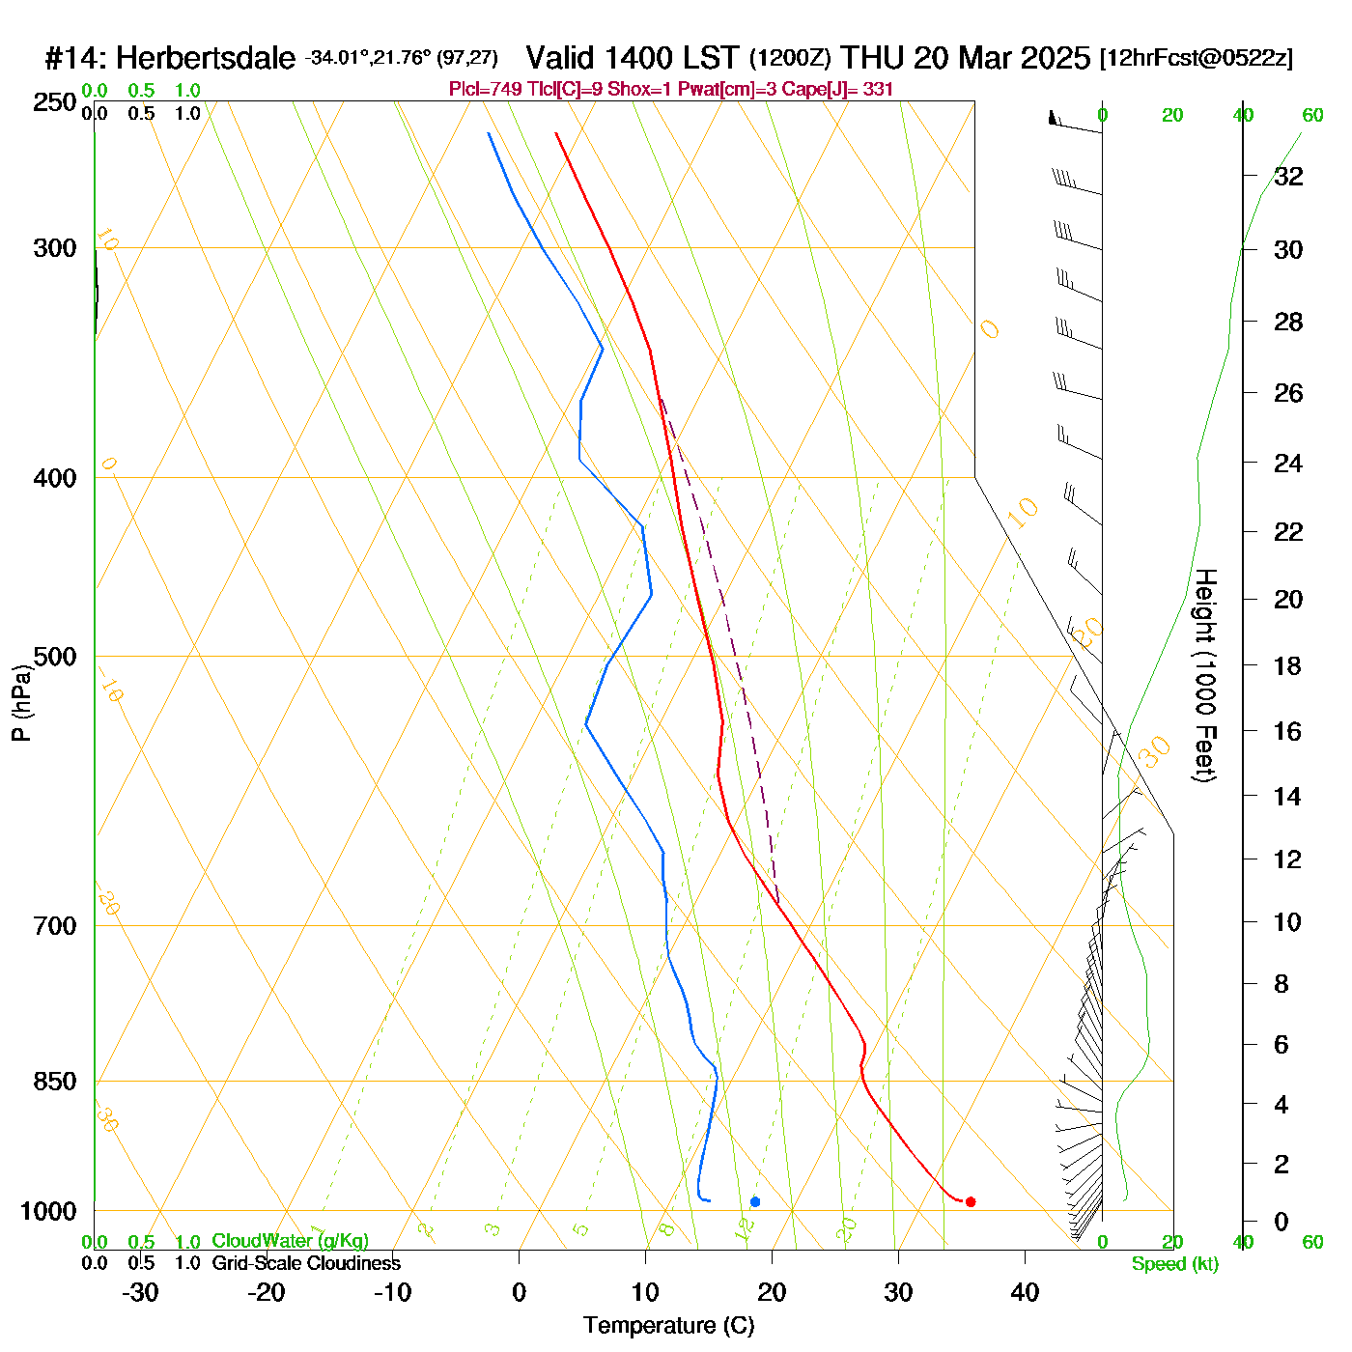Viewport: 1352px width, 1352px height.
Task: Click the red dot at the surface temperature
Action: click(971, 1201)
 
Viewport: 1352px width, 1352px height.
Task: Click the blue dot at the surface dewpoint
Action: click(755, 1201)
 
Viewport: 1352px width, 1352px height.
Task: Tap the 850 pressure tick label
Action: click(55, 1082)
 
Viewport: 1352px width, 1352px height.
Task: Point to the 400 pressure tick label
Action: click(55, 478)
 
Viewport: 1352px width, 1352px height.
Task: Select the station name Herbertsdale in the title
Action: click(205, 59)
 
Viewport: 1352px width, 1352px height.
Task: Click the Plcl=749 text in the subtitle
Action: click(486, 90)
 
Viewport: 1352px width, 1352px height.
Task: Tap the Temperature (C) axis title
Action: click(668, 1326)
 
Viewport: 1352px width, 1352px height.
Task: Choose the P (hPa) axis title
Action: click(21, 702)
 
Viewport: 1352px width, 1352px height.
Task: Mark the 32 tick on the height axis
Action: click(1288, 177)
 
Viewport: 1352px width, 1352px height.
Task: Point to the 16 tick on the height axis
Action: click(1288, 731)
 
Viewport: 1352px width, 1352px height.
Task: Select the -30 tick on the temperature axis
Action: click(140, 1292)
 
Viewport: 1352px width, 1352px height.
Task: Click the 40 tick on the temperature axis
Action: click(1025, 1292)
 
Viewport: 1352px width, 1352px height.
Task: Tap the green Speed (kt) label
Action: click(1174, 1264)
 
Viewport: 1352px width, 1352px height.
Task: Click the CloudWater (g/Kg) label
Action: click(290, 1241)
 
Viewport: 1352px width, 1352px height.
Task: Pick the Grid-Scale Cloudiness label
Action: click(306, 1263)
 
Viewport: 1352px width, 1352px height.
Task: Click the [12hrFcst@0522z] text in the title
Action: click(1196, 59)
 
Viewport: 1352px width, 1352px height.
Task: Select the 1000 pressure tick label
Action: click(48, 1211)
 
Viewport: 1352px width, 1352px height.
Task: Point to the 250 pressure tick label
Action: click(55, 102)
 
